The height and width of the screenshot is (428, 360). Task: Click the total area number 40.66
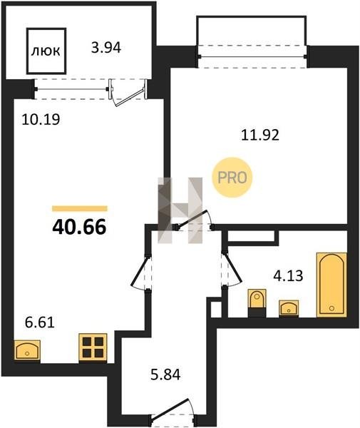click(x=79, y=227)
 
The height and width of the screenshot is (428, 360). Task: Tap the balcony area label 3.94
click(x=106, y=48)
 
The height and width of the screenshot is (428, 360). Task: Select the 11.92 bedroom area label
click(x=260, y=135)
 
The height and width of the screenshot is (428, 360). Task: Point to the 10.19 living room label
click(x=41, y=119)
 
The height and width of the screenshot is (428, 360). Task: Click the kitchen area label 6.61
click(x=40, y=322)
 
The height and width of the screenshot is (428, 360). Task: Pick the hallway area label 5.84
click(x=165, y=374)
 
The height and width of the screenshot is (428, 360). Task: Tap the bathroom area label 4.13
click(x=288, y=275)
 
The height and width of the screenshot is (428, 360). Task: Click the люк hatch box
click(x=46, y=51)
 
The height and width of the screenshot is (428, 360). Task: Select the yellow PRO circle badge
click(x=232, y=178)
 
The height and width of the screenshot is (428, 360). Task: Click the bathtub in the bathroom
click(x=331, y=285)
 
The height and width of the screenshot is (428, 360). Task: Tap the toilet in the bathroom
click(x=257, y=303)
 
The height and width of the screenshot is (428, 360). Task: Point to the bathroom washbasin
click(x=289, y=308)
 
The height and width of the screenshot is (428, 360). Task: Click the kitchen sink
click(x=27, y=351)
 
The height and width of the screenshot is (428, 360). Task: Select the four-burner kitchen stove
click(x=93, y=348)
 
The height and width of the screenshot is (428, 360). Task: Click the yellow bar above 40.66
click(x=80, y=208)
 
